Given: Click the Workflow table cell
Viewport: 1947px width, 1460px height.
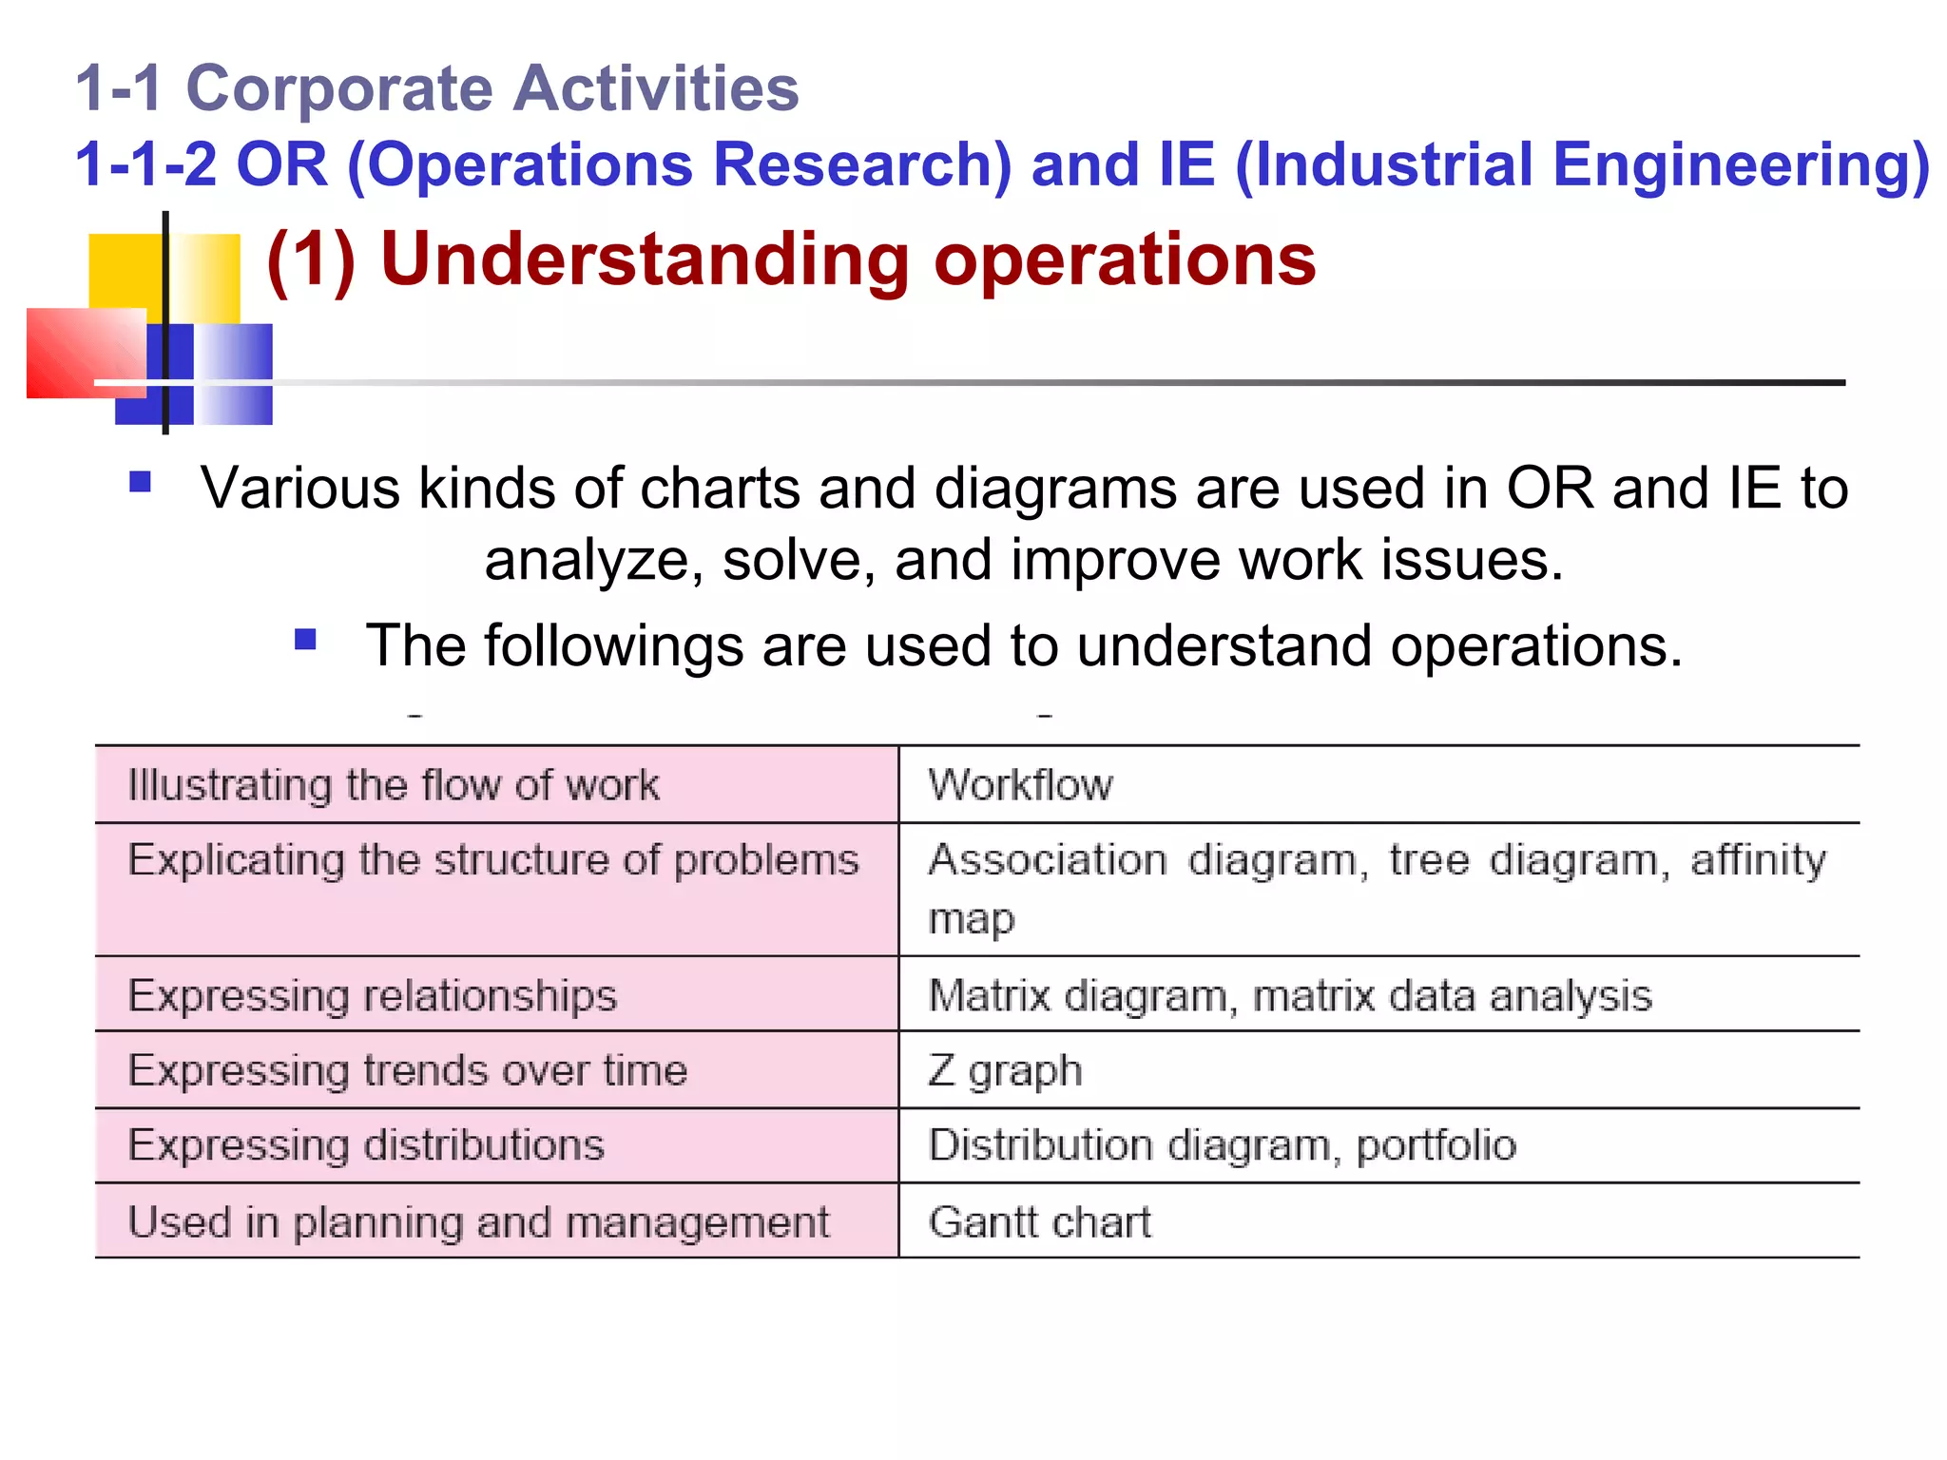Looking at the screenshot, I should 1020,785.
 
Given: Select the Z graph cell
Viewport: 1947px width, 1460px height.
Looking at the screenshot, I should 1005,1070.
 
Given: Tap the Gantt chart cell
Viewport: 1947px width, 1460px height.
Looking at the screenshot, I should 1039,1222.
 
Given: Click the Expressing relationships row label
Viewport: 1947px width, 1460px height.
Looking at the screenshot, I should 372,996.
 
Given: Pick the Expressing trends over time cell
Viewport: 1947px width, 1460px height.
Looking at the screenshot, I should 407,1070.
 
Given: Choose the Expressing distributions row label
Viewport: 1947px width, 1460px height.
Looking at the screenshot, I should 366,1145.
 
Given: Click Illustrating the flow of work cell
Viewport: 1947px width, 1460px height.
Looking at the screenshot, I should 393,785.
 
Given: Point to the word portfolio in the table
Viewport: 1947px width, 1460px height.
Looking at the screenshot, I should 1436,1145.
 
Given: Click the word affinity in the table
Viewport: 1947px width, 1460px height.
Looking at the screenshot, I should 1758,859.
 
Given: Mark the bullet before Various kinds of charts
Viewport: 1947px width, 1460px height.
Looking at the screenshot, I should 141,482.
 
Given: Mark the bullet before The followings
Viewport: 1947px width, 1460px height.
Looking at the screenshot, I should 305,639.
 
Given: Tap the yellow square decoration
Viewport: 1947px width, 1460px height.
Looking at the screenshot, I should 124,271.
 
